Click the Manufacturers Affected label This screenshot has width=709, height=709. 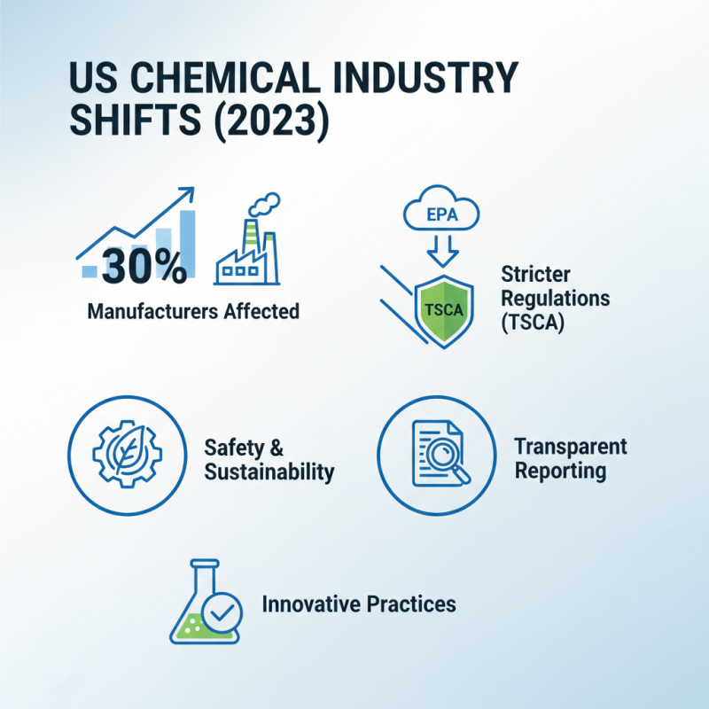[x=193, y=312]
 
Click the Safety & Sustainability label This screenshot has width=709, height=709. [x=269, y=459]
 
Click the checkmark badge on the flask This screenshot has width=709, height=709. [x=221, y=612]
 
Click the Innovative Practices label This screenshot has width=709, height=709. [x=359, y=605]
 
